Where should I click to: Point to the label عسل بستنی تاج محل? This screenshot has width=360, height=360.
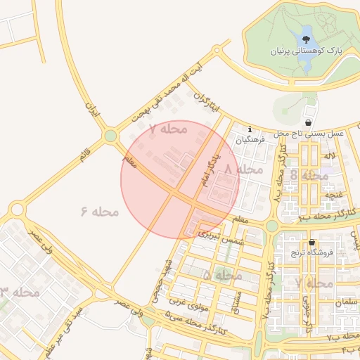(309, 133)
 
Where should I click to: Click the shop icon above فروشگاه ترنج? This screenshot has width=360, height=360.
(311, 243)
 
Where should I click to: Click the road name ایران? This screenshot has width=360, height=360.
(92, 109)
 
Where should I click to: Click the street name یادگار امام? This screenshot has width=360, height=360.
(207, 169)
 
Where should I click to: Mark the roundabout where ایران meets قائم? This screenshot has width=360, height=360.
(110, 136)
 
